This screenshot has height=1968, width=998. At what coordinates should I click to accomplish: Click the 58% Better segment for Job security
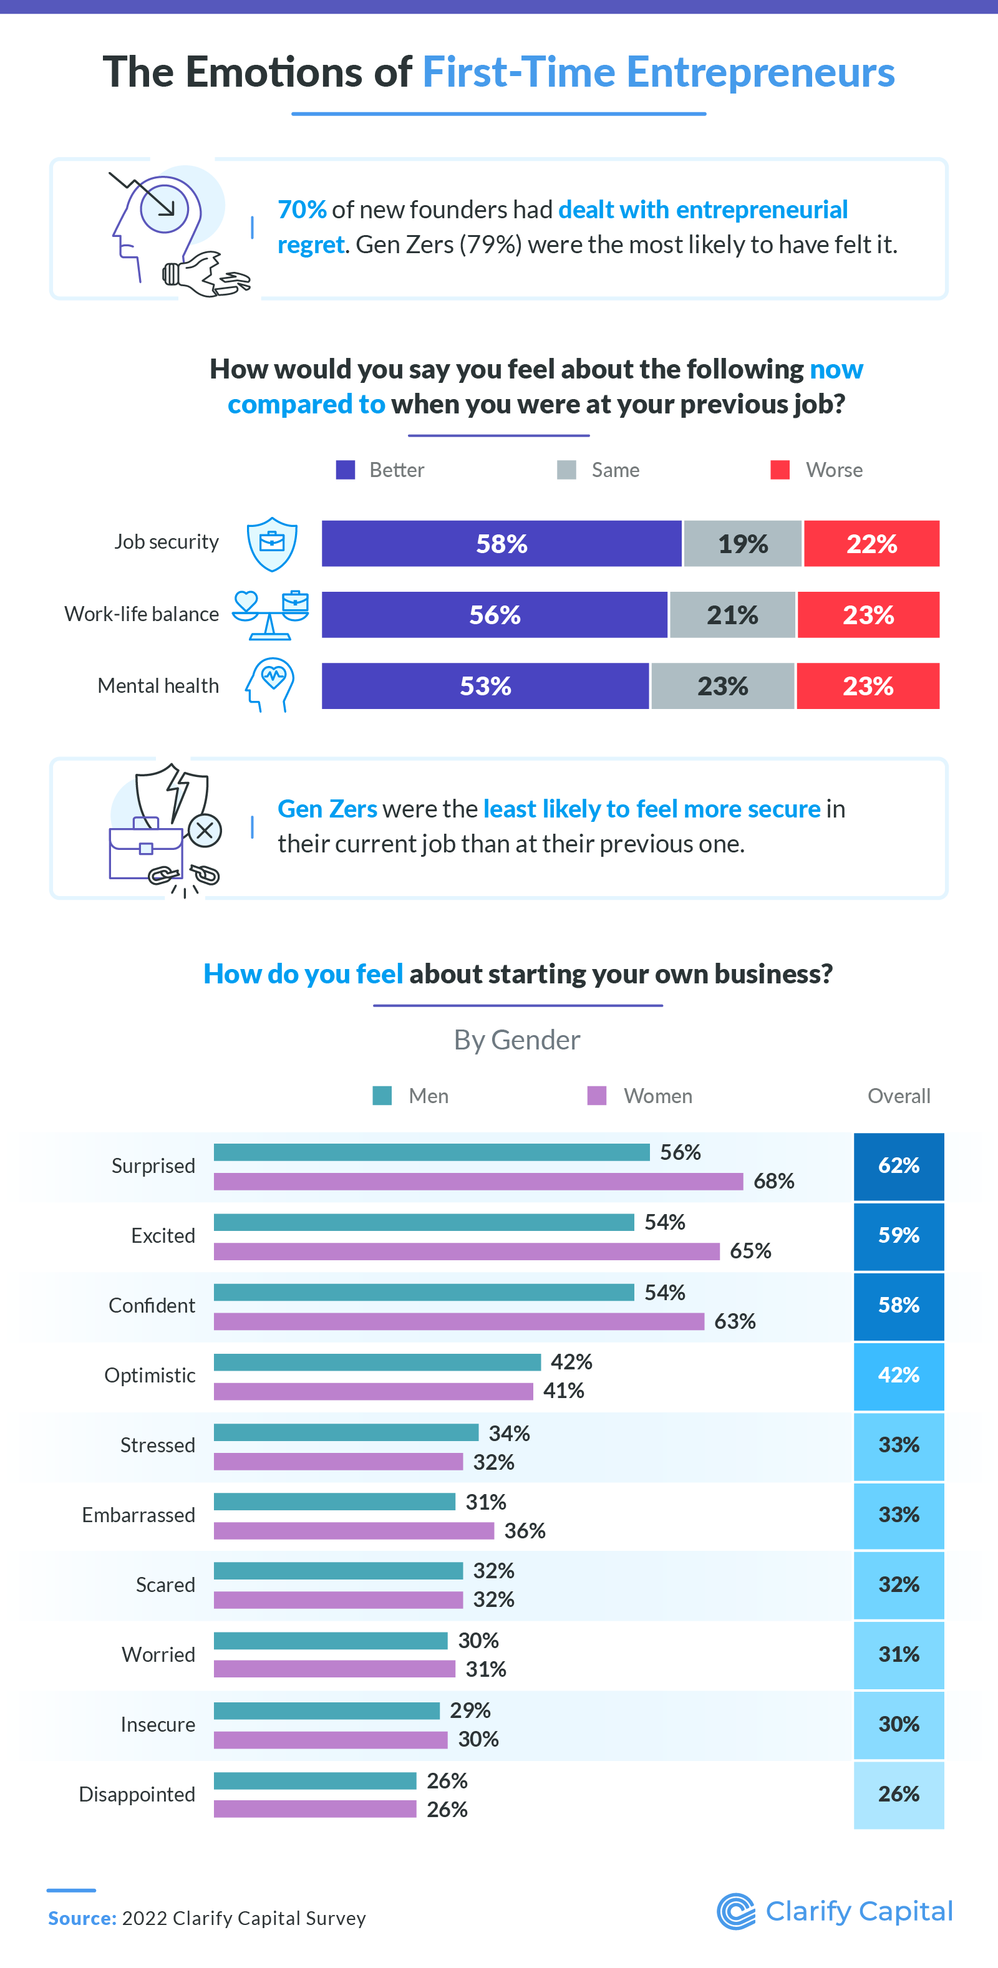[x=501, y=543]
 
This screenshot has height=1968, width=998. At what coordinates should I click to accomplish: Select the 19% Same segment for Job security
[x=742, y=543]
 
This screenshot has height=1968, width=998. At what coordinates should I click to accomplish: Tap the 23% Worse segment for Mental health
[x=868, y=685]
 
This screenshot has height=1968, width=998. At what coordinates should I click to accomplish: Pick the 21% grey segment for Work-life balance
[x=732, y=614]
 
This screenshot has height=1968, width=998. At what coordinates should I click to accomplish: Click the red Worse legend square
[x=780, y=470]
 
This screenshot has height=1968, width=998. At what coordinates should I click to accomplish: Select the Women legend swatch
[x=597, y=1096]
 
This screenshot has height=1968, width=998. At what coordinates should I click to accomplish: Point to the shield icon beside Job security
[x=272, y=543]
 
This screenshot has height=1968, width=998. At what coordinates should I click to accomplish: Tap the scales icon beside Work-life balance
[x=271, y=614]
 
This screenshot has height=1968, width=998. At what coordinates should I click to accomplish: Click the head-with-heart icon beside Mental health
[x=271, y=685]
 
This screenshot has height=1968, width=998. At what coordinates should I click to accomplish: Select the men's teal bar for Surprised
[x=431, y=1152]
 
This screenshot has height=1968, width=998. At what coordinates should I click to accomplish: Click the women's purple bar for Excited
[x=466, y=1252]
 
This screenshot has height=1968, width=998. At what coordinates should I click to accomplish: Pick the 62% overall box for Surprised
[x=899, y=1166]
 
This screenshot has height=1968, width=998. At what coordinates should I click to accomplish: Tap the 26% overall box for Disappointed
[x=899, y=1794]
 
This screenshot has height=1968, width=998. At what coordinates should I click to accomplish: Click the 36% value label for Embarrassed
[x=524, y=1531]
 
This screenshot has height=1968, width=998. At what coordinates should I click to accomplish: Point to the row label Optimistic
[x=150, y=1375]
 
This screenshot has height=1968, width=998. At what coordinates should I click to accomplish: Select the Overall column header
[x=899, y=1096]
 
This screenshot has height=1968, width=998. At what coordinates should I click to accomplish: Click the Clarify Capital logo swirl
[x=736, y=1911]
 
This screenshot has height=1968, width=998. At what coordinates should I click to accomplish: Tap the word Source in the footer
[x=82, y=1918]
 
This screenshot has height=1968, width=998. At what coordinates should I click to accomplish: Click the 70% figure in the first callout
[x=302, y=210]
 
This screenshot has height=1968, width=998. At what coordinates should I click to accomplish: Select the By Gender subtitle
[x=516, y=1039]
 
